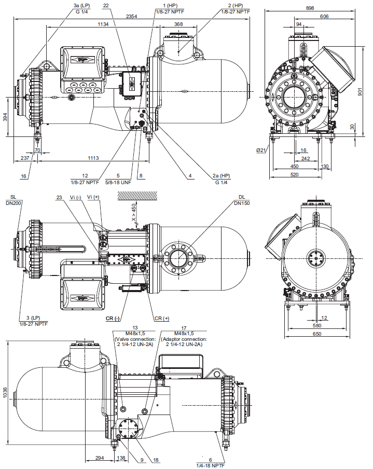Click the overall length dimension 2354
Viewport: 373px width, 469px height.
[132, 17]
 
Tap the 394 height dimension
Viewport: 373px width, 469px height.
[5, 117]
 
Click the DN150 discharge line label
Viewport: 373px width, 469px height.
[241, 203]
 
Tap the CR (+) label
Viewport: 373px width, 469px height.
[162, 318]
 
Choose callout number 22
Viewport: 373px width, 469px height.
[106, 5]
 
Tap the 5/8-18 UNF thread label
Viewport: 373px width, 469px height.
[118, 183]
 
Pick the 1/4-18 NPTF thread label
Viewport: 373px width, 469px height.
[211, 465]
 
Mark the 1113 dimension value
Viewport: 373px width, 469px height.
[93, 157]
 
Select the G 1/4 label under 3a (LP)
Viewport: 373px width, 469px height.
[75, 11]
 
